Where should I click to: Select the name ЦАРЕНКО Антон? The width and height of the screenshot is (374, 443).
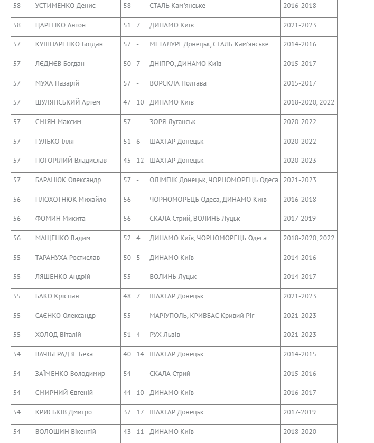pos(60,25)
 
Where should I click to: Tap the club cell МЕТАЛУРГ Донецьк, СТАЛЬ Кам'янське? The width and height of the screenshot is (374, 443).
pos(209,44)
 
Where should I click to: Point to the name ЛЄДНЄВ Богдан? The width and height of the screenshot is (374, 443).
pos(59,64)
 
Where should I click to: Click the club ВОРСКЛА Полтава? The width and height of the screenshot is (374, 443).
pos(177,83)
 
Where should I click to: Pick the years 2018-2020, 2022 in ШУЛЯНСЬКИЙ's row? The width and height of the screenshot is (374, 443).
pos(308,102)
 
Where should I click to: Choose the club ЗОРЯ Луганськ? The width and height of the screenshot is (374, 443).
pos(172,122)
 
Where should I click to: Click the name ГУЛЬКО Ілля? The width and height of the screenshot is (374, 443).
pos(54,142)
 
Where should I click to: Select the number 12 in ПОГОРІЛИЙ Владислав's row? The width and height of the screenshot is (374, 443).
pos(140,161)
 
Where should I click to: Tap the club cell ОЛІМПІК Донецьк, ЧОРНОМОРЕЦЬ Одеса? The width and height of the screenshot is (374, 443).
pos(213,180)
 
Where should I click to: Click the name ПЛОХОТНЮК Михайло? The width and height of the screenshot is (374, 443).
pos(70,200)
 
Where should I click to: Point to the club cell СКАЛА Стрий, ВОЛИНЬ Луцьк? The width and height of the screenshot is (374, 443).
pos(194,219)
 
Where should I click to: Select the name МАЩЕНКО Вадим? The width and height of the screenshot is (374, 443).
pos(62,238)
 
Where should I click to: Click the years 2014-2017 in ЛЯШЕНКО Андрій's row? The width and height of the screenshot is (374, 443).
pos(300,277)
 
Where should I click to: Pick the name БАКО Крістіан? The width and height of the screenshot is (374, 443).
pos(57,296)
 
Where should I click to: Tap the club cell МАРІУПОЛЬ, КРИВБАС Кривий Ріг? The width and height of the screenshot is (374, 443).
pos(202,316)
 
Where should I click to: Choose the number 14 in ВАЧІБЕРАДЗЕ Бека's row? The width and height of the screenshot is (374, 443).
pos(140,354)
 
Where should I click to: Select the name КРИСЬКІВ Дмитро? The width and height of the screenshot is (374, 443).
pos(63,412)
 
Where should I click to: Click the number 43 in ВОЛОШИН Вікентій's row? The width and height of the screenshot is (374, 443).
pos(127,432)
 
